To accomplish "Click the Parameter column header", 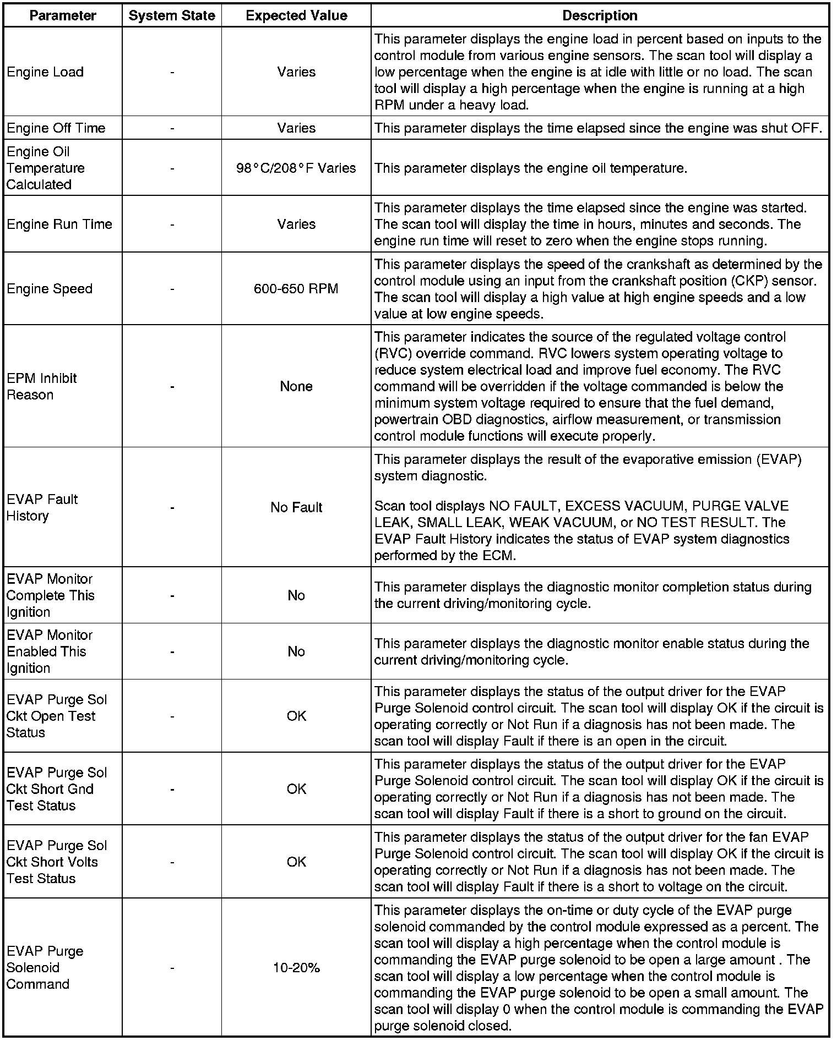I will tap(63, 15).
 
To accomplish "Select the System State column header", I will tap(172, 15).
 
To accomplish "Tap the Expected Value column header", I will tap(296, 15).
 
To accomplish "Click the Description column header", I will tap(600, 15).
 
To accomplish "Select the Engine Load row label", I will tap(45, 72).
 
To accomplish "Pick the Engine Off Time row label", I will tap(56, 128).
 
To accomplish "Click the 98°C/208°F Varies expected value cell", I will tap(296, 168).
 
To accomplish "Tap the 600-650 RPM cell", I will tap(296, 289).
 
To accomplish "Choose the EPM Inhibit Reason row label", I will tap(41, 386).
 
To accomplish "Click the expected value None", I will tap(296, 386).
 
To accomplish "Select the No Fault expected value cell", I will tap(296, 507).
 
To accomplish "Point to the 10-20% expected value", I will tap(296, 968).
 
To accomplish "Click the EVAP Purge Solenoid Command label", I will tap(45, 968).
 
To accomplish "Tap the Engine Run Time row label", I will tap(59, 224).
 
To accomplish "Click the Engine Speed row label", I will tap(50, 289).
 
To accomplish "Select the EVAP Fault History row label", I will tap(42, 507).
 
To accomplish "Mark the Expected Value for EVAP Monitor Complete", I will tap(296, 595).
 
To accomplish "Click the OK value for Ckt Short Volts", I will tap(296, 862).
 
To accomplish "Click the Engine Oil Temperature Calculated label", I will tap(46, 168).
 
